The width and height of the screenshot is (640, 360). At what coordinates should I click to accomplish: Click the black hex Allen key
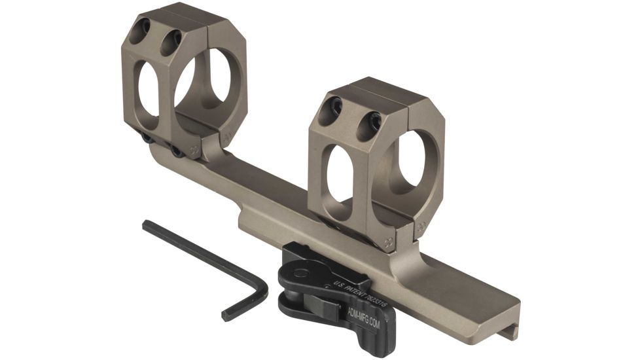(196, 252)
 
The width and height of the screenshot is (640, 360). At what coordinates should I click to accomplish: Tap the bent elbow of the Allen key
(262, 288)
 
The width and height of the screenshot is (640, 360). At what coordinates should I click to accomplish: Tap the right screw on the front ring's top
(373, 120)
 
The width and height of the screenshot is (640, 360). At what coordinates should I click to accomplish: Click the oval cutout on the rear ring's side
(148, 90)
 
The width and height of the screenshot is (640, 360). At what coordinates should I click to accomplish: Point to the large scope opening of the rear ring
(208, 85)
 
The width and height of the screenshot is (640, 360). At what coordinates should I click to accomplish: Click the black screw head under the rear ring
(177, 152)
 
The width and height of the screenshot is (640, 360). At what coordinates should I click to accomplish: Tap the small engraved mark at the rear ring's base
(195, 150)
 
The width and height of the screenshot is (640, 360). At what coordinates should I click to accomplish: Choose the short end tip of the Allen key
(226, 316)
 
